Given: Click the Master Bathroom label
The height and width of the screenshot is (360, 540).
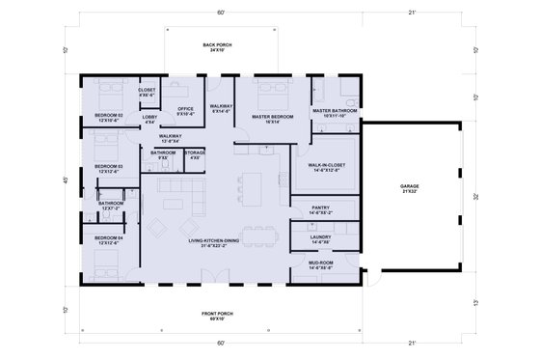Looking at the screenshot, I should tap(335, 112).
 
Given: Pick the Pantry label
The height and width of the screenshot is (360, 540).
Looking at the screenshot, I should tap(320, 208).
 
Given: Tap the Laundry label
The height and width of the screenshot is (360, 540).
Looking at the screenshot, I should tap(321, 237).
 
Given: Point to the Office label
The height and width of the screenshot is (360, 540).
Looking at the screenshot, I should tap(185, 111).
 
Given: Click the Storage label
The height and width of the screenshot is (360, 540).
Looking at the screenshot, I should tap(195, 153).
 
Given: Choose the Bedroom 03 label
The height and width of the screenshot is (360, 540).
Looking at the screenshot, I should tap(108, 169).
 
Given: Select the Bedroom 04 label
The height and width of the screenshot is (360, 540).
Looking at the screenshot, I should tap(108, 239).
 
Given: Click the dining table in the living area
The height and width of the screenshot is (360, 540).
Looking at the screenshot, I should tap(258, 233).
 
